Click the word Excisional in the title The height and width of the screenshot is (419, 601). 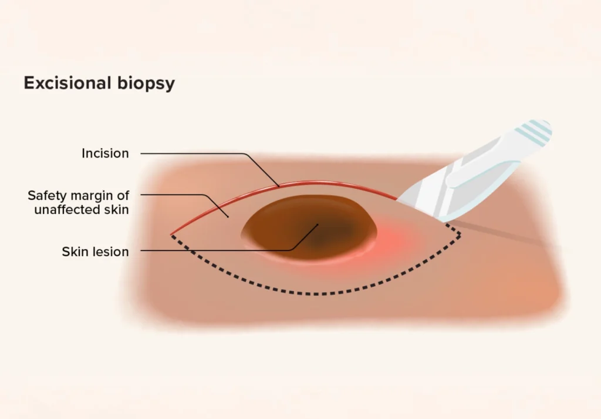point(67,83)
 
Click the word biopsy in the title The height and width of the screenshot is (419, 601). point(146,84)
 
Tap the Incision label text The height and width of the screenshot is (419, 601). point(105,153)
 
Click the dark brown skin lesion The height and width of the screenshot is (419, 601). point(309,227)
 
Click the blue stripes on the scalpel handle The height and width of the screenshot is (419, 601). point(534,132)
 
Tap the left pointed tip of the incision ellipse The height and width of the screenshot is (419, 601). point(171,234)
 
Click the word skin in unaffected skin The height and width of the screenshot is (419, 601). point(117,210)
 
